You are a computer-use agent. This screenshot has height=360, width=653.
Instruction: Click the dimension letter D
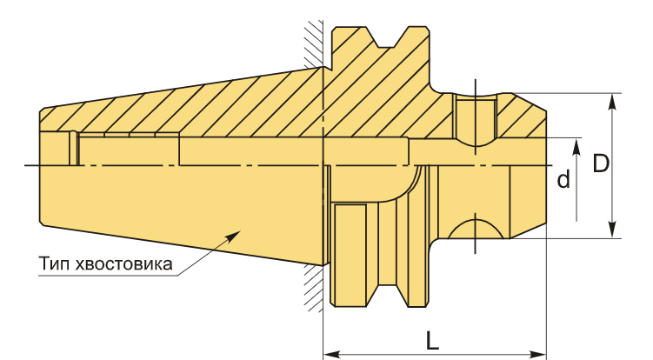601,163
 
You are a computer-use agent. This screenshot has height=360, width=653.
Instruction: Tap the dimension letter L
432,341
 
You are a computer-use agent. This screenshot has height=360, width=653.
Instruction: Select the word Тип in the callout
55,263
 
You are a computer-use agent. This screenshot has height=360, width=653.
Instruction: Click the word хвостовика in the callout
124,264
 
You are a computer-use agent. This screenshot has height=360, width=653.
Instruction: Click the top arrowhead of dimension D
612,101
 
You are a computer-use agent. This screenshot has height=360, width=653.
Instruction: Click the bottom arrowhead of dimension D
612,230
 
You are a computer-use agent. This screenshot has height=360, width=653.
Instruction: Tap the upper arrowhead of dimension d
576,146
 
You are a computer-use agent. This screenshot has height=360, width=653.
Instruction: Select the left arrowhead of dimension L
332,355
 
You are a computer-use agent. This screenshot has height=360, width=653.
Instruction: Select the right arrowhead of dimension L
537,355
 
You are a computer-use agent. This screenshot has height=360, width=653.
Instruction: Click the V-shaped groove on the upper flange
387,37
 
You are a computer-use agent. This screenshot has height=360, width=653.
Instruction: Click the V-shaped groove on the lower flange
387,297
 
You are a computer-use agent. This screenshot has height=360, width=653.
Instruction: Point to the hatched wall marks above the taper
314,43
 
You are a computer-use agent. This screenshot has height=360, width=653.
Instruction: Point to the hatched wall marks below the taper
314,289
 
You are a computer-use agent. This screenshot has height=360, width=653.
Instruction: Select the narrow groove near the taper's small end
73,148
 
